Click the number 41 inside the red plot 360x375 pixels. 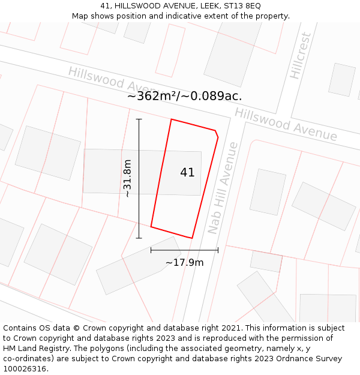click(x=187, y=173)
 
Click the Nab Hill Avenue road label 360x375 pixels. click(x=223, y=188)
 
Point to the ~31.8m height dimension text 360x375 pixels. click(x=127, y=178)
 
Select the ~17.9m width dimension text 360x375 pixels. click(x=184, y=262)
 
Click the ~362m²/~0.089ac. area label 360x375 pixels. click(x=185, y=96)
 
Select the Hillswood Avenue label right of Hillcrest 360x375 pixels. click(x=286, y=124)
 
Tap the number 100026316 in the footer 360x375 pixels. click(x=25, y=369)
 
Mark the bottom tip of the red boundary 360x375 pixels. click(x=192, y=238)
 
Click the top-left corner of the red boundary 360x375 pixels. click(x=172, y=119)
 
